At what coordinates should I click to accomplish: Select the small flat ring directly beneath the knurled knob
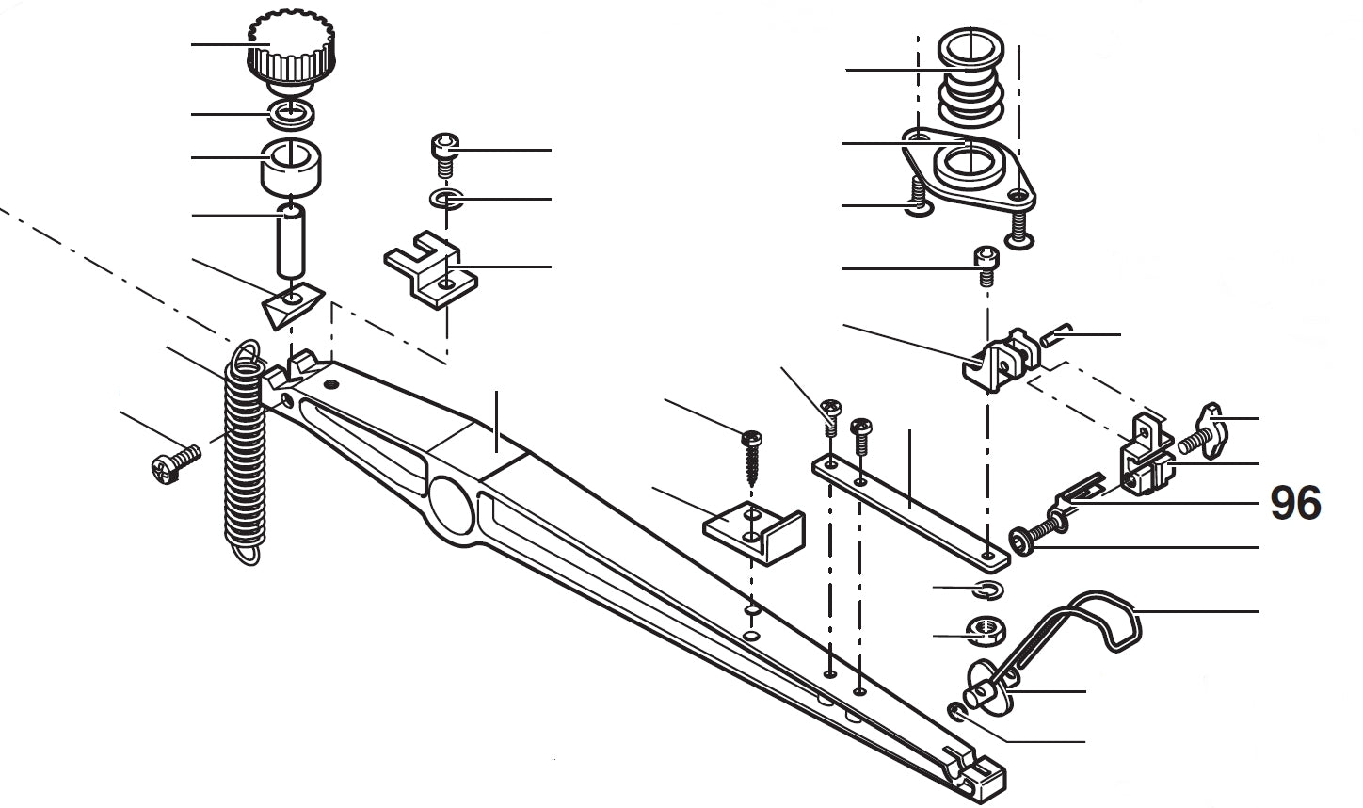pos(292,114)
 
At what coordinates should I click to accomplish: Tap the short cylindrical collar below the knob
pos(291,166)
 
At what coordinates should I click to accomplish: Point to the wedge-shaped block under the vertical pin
pos(291,307)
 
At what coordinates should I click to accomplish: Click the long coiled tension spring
pos(245,452)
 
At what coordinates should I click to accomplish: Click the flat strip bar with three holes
pos(908,509)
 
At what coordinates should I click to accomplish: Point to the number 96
pos(1295,504)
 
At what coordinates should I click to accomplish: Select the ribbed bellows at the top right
pos(971,80)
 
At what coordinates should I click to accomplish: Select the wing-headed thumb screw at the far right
pos(1209,431)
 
